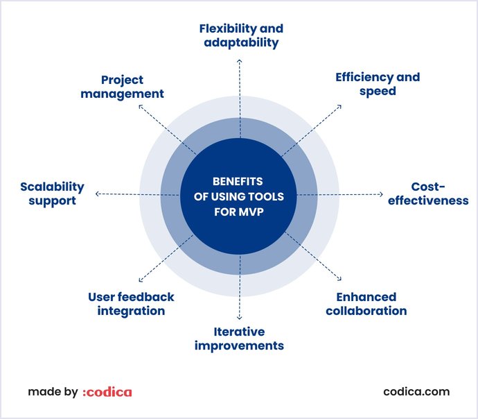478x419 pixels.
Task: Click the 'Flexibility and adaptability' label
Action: (241, 35)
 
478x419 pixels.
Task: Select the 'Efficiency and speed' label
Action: (378, 84)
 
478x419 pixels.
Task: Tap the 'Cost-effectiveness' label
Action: (428, 194)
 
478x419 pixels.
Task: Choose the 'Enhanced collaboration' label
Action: (366, 304)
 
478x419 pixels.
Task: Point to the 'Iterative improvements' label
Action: (239, 339)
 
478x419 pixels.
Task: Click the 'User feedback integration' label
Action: (131, 304)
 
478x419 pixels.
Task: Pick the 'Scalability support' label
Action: (52, 194)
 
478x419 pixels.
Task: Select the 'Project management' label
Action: (122, 87)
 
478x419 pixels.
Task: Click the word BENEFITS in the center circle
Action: (238, 182)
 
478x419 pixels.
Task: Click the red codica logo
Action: (107, 392)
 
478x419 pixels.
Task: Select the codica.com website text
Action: (416, 391)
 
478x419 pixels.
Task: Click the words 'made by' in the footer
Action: (53, 392)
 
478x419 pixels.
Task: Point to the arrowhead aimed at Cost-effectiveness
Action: (381, 194)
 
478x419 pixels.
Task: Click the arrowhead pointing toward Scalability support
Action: (97, 194)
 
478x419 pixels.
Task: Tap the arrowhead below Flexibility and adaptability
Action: (240, 61)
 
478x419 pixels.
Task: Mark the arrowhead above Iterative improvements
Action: (239, 318)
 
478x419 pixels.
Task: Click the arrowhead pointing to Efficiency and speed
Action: (339, 107)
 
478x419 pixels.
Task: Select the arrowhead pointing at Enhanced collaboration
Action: (339, 278)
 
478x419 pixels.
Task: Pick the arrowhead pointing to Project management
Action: (140, 107)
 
